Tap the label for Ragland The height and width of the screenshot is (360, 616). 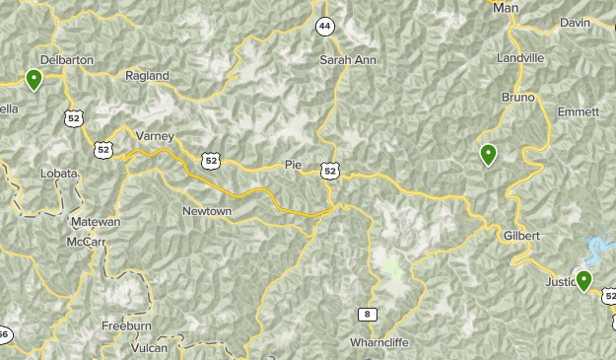(148, 75)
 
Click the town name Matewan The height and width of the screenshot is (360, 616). (95, 222)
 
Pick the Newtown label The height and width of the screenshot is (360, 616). (207, 211)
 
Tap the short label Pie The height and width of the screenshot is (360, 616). (293, 165)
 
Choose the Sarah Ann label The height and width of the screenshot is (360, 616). (349, 60)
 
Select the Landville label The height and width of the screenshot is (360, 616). (521, 58)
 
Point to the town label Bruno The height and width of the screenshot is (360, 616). (517, 98)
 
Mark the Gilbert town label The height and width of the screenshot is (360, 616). (521, 237)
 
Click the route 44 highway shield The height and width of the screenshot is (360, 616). (324, 27)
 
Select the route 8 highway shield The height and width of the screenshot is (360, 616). (368, 314)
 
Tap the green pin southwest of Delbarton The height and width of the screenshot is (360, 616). (34, 80)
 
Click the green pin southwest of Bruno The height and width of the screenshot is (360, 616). (487, 154)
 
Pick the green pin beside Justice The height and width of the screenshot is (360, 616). (583, 281)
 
